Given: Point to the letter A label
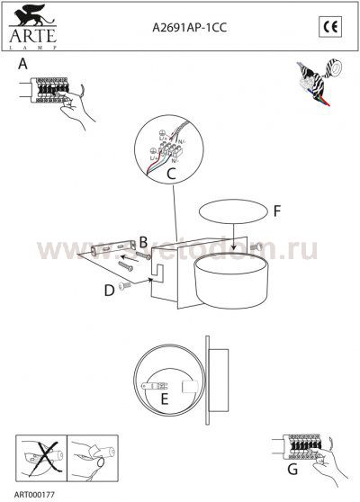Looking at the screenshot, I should pos(22,65).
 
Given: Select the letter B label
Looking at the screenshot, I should pos(142,240).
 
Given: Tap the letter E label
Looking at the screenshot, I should pos(165,398).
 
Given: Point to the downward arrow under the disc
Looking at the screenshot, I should pos(233,242).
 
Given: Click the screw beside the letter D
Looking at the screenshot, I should pos(125,285).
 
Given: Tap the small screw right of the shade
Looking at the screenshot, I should pos(256,246).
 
